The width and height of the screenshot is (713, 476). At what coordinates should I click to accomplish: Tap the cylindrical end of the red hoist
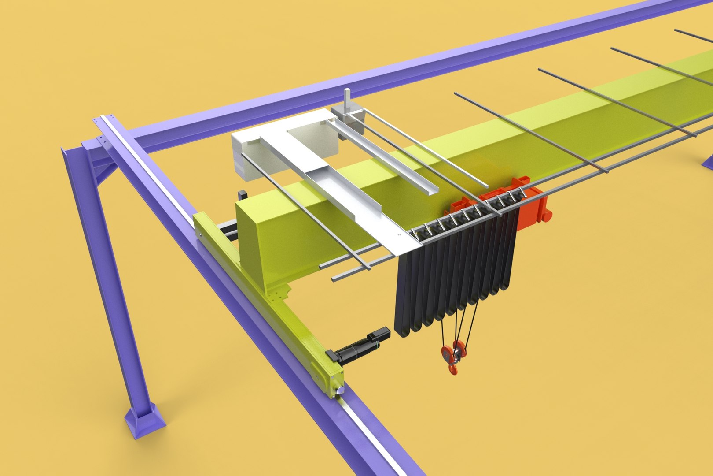[548, 216]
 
